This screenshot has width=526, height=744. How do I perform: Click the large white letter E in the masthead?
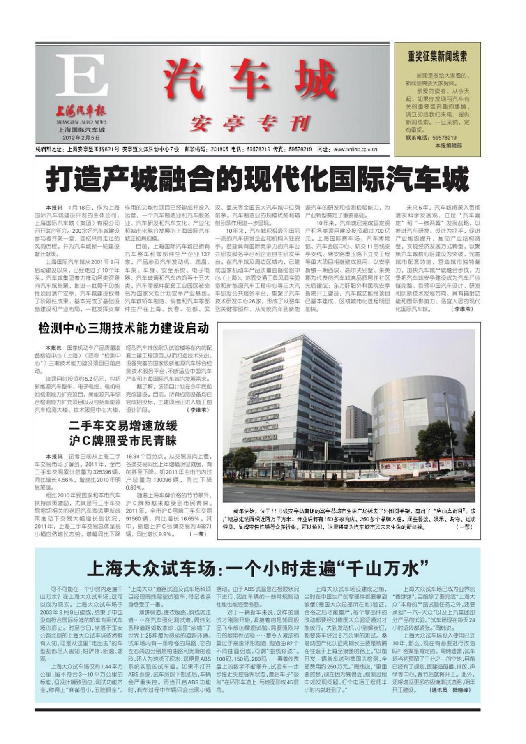(x=82, y=75)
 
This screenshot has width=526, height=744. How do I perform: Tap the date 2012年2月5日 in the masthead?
(x=81, y=137)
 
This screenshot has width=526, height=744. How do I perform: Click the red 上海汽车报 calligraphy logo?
(x=81, y=111)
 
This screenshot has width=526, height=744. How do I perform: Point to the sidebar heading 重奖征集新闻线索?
(x=437, y=56)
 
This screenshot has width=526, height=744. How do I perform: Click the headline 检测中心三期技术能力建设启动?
(x=124, y=328)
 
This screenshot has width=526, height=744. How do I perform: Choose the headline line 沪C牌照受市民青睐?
(x=123, y=441)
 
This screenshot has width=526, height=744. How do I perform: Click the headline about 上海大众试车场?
(x=258, y=569)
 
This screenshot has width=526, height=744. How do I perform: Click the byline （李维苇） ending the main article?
(x=461, y=309)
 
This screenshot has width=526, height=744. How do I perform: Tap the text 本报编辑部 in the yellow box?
(x=448, y=145)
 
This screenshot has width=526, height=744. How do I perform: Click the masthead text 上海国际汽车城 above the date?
(x=81, y=130)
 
